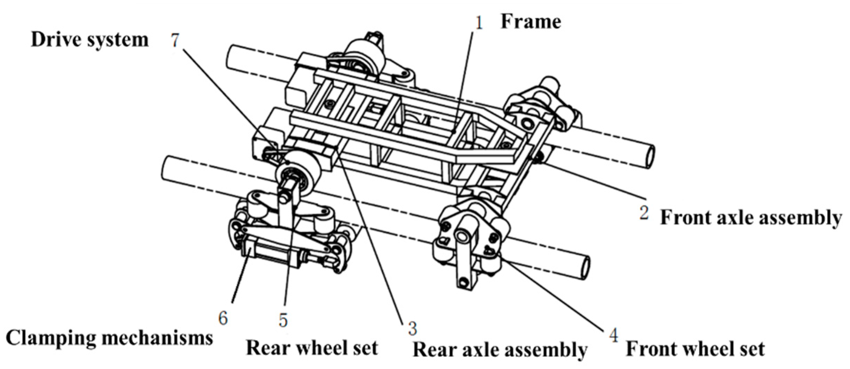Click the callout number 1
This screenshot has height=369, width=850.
479,23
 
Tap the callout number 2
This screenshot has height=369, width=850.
643,213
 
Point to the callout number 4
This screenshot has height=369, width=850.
614,336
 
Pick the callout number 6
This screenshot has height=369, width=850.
223,318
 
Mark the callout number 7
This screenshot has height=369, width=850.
175,41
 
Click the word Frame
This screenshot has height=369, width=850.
530,22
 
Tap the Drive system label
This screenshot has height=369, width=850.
90,40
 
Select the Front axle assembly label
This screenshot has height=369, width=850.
751,218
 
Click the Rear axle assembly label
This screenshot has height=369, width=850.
500,350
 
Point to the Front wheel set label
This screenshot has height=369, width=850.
696,349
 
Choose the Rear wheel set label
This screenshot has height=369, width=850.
312,348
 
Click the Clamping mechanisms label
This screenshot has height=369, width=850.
109,338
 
